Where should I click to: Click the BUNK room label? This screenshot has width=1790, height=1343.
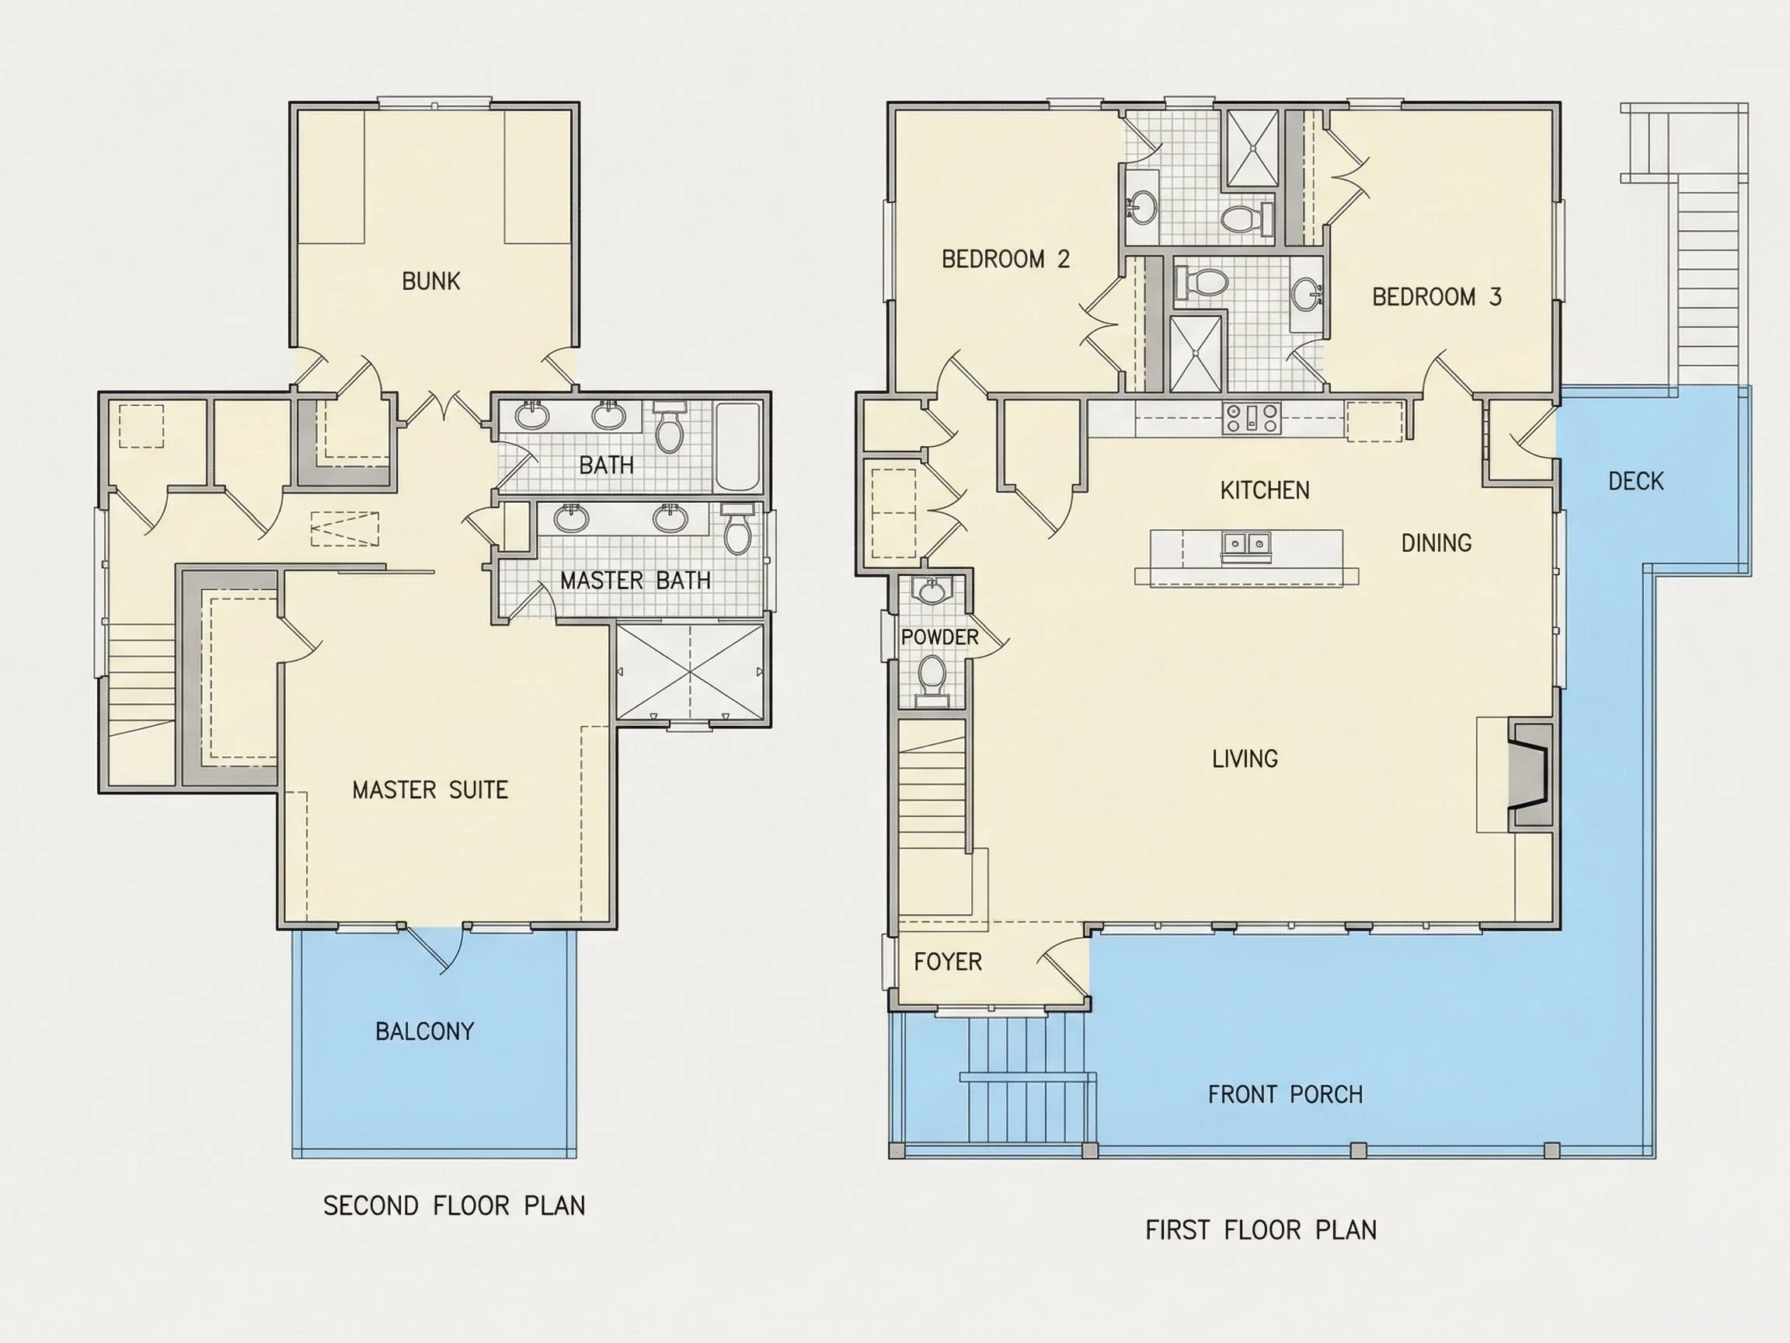point(430,281)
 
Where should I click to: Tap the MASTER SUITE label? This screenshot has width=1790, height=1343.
point(430,790)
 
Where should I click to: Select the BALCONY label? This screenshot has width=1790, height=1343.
point(424,1031)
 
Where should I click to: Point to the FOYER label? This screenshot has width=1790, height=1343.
point(948,961)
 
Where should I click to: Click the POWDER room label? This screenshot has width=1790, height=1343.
point(939,637)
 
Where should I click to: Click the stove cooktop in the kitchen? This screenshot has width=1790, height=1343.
point(1251,417)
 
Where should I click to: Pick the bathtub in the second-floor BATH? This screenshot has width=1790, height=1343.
point(737,446)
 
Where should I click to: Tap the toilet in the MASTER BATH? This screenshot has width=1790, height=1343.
point(737,528)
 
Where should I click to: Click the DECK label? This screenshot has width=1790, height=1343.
point(1635,481)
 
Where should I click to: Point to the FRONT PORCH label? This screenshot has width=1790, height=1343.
point(1285,1094)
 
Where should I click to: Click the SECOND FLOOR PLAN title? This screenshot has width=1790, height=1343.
point(454,1205)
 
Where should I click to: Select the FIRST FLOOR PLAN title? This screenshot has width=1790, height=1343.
point(1261,1230)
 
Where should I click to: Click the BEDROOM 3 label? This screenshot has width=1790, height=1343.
point(1437,296)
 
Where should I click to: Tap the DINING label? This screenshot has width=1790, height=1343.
point(1437,542)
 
